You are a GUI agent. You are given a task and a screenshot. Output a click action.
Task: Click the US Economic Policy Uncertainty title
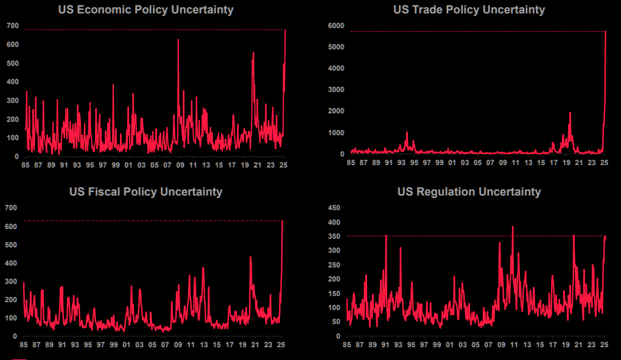(x=146, y=10)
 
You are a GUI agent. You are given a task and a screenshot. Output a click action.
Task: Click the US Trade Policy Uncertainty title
(x=469, y=10)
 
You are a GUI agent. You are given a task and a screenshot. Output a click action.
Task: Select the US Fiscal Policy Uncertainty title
(x=146, y=192)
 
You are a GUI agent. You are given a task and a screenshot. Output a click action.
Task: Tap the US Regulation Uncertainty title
(x=469, y=192)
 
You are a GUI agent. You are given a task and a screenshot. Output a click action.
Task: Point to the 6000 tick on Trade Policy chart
(x=337, y=26)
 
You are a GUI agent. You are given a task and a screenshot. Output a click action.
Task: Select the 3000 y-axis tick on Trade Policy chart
(x=337, y=90)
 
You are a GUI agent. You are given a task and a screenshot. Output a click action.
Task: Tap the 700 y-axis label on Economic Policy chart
(x=13, y=26)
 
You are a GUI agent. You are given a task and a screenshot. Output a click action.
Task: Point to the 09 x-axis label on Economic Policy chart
(x=179, y=165)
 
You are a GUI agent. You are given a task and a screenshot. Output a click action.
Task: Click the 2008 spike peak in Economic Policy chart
(x=178, y=40)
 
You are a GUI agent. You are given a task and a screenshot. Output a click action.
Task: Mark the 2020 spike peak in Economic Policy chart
(x=253, y=53)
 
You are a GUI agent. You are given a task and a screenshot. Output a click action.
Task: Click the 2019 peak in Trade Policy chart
(x=570, y=113)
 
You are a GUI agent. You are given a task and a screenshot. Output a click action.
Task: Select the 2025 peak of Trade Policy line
(x=605, y=32)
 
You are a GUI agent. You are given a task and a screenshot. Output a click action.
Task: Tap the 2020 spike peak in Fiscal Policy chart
(x=250, y=257)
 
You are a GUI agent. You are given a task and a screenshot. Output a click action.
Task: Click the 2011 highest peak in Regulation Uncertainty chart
(x=513, y=227)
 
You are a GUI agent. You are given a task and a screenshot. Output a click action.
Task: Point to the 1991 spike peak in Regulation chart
(x=386, y=236)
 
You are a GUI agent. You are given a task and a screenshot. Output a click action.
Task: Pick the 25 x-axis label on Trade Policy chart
(x=605, y=163)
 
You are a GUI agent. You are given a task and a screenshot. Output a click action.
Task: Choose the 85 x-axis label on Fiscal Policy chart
(x=23, y=344)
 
